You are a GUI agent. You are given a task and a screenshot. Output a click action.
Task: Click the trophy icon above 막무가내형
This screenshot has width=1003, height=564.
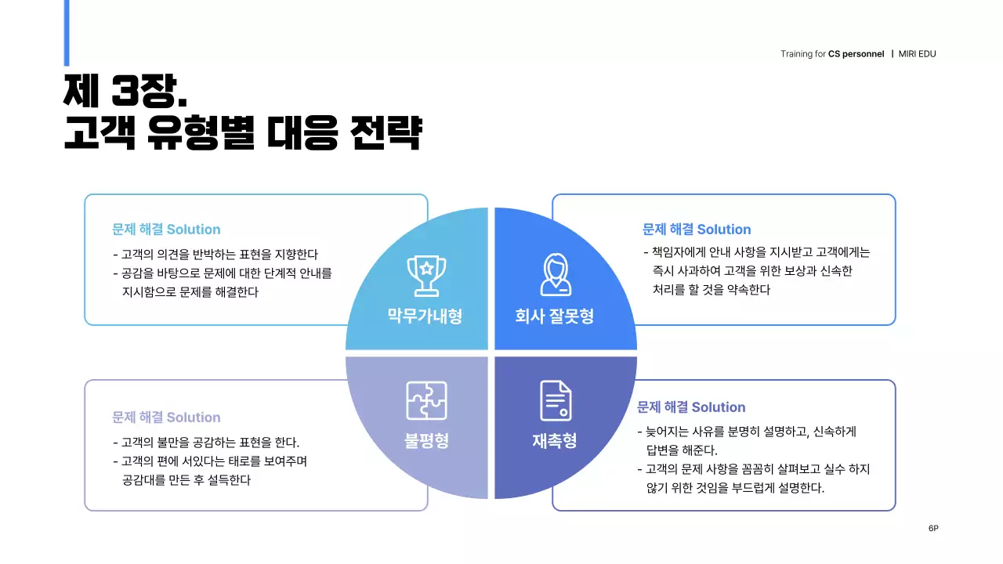coord(426,275)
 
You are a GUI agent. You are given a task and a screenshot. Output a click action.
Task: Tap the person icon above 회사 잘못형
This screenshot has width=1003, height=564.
coord(555,275)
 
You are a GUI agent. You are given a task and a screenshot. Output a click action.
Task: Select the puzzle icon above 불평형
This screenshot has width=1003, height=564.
coord(426,400)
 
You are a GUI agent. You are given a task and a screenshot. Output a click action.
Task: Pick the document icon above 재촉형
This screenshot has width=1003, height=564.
coord(555,400)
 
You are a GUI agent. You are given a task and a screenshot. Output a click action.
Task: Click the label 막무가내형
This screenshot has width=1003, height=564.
coord(425,316)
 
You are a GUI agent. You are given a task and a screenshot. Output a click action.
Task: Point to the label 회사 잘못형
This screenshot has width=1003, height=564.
coord(554,316)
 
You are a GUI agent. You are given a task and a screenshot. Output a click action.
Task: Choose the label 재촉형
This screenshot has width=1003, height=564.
coord(554,440)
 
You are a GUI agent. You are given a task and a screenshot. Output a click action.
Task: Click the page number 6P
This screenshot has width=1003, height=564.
coord(933,529)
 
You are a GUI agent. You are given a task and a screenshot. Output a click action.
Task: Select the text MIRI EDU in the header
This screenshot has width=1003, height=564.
coord(917,54)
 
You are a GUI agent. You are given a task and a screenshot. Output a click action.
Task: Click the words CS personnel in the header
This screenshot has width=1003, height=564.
coord(856,54)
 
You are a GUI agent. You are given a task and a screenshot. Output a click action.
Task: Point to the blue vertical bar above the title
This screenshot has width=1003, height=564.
coord(67,33)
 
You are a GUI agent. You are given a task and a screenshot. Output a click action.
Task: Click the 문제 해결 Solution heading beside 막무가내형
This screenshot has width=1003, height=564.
coord(166,230)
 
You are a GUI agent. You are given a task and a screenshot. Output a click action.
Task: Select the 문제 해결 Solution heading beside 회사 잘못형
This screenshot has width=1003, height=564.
coord(697,230)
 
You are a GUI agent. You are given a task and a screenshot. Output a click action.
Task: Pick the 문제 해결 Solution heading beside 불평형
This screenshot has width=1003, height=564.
coord(166,418)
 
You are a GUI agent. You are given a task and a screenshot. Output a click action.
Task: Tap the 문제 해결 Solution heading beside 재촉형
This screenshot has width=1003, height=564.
coord(691,407)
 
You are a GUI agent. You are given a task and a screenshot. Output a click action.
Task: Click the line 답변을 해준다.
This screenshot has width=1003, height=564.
coord(681,450)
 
